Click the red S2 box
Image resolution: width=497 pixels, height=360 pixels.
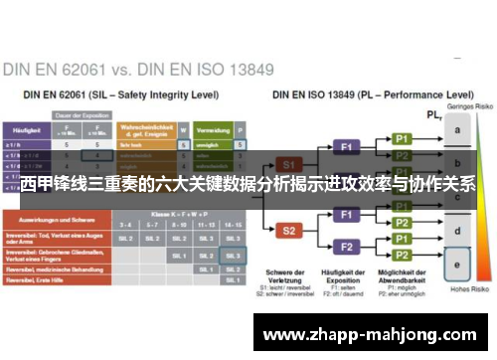(288, 231)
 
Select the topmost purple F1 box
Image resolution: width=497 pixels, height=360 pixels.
(348, 145)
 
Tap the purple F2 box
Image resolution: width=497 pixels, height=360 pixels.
(348, 246)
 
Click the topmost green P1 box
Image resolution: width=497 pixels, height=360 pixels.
(402, 138)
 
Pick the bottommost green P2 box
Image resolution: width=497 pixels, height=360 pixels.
(402, 255)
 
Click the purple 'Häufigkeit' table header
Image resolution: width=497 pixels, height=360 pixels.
(26, 129)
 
